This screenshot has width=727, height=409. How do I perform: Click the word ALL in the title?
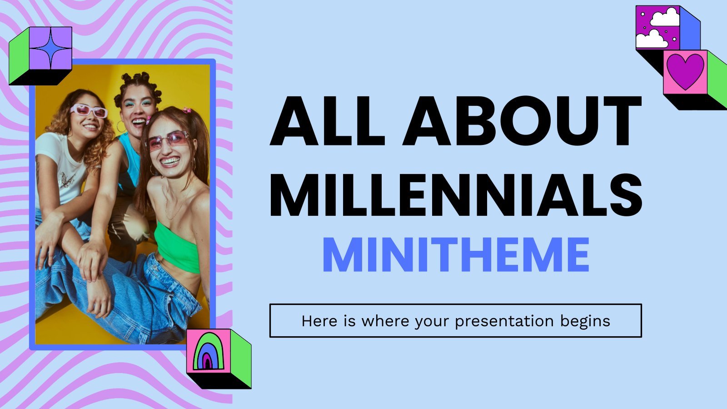328,121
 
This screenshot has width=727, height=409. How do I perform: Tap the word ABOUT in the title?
522,121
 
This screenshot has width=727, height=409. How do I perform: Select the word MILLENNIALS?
456,195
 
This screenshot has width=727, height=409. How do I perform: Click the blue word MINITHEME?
456,255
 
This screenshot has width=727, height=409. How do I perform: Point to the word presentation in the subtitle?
504,321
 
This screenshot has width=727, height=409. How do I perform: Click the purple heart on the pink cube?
685,71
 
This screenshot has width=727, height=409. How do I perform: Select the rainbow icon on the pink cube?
209,351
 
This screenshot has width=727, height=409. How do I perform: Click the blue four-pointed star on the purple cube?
51,48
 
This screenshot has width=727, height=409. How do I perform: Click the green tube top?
178,248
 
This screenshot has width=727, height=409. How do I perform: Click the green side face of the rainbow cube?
241,359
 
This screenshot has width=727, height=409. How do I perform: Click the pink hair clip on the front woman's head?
187,110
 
